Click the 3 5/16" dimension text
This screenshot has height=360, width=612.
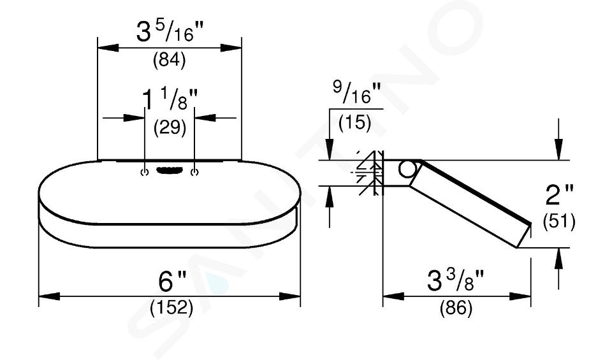point(170,32)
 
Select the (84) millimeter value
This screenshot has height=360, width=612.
point(169,60)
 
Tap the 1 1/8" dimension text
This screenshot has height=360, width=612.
point(170,99)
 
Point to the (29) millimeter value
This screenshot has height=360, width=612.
point(170,127)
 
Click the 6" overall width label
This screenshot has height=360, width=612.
point(172,280)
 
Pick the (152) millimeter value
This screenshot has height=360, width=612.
point(171,308)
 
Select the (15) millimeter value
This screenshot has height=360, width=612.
point(355,122)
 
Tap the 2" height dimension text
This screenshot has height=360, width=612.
point(559,194)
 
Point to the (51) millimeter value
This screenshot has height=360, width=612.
point(559,222)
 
